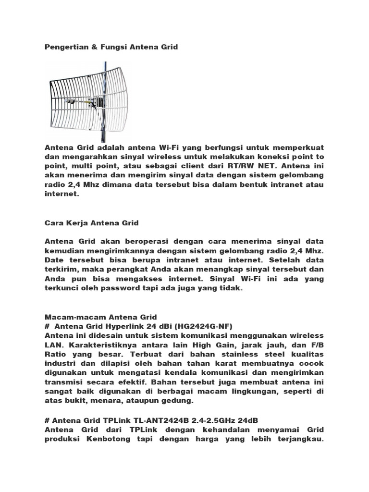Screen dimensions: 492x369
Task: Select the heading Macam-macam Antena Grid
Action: [x=100, y=317]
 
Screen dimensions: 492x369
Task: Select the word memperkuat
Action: [x=297, y=148]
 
